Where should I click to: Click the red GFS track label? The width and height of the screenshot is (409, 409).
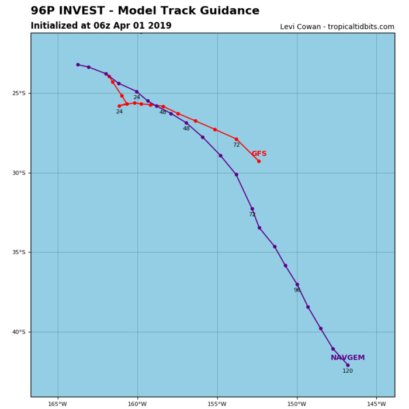(259, 154)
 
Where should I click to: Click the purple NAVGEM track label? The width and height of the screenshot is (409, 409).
(348, 358)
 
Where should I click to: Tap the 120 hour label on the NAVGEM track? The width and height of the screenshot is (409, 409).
(348, 371)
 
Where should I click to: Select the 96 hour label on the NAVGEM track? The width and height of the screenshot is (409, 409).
(297, 290)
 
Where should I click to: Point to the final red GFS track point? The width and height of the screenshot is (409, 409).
(259, 161)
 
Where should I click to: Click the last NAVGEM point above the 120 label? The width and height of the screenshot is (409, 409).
(348, 365)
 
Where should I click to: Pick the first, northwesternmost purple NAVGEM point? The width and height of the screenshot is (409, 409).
(78, 65)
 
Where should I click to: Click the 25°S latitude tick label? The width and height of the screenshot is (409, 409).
(20, 93)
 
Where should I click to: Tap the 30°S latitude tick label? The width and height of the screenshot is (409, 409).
(20, 173)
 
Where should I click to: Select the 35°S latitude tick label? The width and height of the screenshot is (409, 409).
(20, 252)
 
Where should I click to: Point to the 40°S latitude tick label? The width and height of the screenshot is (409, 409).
(20, 332)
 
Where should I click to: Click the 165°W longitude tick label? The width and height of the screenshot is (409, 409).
(58, 404)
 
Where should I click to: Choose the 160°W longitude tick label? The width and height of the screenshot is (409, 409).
(137, 404)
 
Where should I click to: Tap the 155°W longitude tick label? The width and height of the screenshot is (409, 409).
(217, 404)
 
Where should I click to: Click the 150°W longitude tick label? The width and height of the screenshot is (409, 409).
(297, 404)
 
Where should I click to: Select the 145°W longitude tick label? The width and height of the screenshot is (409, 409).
(376, 404)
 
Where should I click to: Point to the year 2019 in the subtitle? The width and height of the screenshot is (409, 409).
(160, 26)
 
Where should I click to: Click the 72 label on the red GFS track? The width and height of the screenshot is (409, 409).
(236, 145)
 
